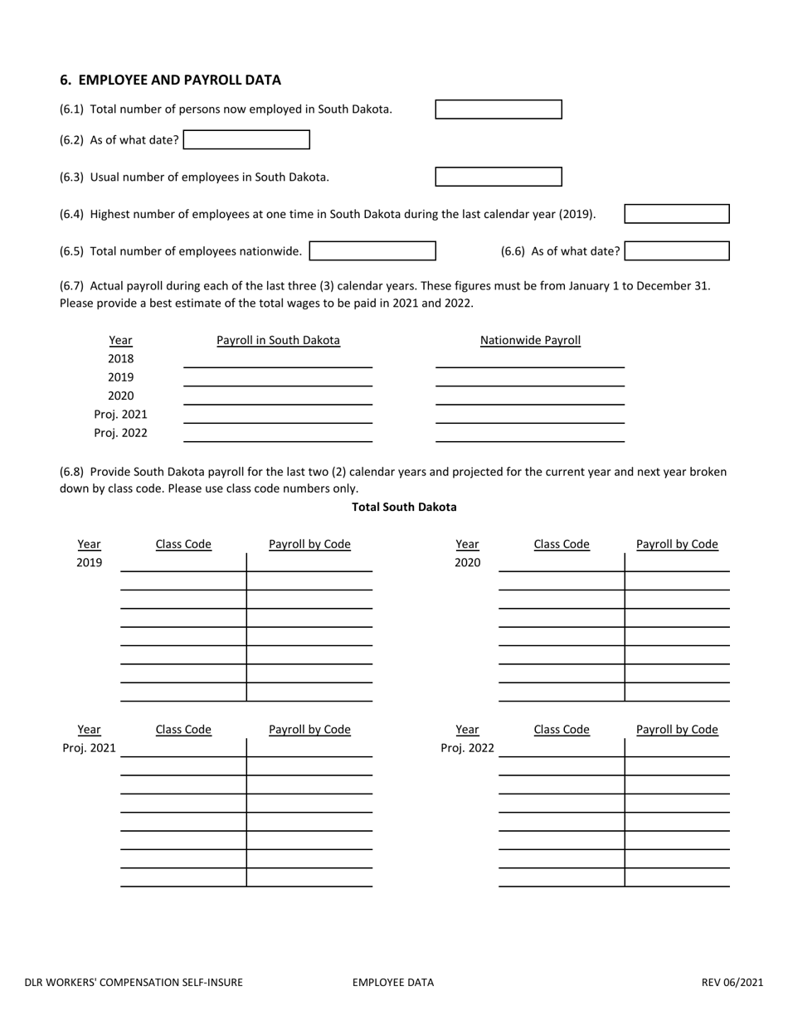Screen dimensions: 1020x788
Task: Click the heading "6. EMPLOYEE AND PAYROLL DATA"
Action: (170, 80)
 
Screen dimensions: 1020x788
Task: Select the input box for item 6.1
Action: (498, 109)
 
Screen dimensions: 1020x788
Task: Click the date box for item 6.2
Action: (246, 140)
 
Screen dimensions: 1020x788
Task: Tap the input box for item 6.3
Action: (498, 177)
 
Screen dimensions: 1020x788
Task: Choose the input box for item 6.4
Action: (676, 214)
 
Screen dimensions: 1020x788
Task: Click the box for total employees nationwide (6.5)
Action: (372, 250)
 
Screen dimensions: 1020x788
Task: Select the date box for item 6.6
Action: (676, 250)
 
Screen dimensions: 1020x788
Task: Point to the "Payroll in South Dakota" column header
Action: (278, 340)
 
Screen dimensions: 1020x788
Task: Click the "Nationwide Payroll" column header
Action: (530, 340)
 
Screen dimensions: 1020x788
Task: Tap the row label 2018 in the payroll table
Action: (120, 359)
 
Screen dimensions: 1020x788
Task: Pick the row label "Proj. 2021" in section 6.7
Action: (120, 415)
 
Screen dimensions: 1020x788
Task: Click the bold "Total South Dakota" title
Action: (404, 507)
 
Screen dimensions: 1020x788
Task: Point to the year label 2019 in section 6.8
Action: (89, 562)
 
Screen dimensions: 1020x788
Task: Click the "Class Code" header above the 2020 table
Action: (562, 544)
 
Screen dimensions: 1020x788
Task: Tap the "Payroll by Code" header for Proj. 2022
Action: (677, 730)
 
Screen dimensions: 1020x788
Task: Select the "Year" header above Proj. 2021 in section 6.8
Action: (89, 730)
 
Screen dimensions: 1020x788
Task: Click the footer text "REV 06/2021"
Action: (732, 983)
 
